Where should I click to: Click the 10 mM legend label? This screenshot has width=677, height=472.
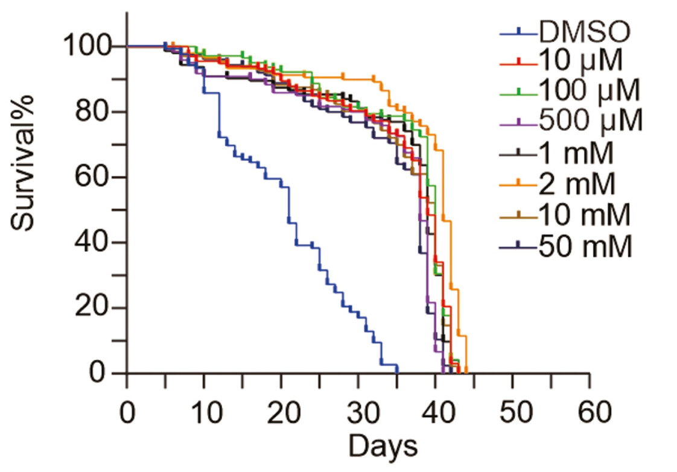(585, 215)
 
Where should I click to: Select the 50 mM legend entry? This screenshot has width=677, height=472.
(585, 246)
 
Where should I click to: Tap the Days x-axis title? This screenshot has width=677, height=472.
(382, 447)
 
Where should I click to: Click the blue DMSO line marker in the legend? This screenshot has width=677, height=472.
(518, 29)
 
